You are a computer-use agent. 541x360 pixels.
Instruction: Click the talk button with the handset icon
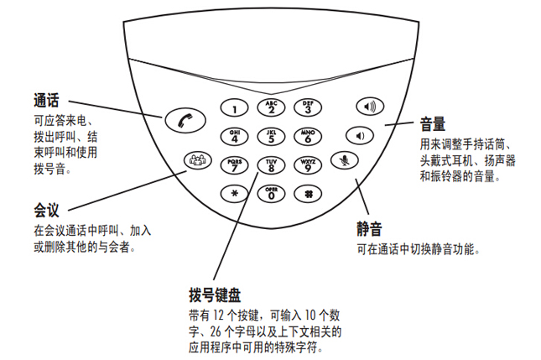[185, 121]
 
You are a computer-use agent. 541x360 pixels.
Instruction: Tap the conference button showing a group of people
[197, 160]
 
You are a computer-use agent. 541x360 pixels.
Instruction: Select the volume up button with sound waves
[370, 107]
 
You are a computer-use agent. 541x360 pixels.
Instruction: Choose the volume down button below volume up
[360, 135]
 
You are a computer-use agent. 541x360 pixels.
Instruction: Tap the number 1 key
[234, 108]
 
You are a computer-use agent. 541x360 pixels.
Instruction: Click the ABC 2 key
[271, 107]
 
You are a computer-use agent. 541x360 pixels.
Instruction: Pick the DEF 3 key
[308, 107]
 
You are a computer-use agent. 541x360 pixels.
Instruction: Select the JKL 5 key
[271, 137]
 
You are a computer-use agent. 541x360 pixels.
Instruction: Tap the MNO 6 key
[308, 136]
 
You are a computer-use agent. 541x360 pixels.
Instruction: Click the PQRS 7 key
[234, 165]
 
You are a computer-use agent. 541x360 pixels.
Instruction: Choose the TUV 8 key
[271, 165]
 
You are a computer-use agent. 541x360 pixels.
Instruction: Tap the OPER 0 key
[271, 194]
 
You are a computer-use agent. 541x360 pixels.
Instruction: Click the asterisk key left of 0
[234, 194]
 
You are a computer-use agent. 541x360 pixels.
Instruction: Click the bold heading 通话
[46, 101]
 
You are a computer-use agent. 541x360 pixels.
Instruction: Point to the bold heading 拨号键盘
[215, 295]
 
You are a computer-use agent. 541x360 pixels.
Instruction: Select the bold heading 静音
[369, 229]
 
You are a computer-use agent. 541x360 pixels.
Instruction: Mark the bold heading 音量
[433, 123]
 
